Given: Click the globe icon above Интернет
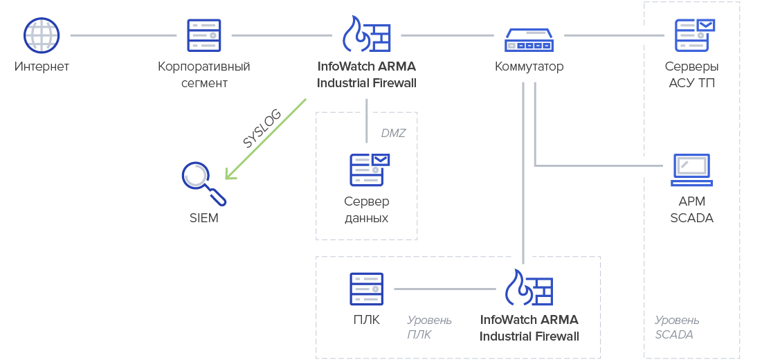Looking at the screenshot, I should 42,35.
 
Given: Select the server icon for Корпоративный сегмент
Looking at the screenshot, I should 204,35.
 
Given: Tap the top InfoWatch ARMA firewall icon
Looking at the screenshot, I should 367,35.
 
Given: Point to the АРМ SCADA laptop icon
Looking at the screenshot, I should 692,170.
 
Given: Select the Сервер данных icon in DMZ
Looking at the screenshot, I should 369,170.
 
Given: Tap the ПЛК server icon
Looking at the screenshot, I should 366,289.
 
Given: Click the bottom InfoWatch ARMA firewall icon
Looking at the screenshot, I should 529,288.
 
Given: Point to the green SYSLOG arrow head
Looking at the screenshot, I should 228,176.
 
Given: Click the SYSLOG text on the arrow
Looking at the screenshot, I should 262,129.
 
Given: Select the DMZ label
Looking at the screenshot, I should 393,133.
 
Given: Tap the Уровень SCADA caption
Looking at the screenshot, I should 676,327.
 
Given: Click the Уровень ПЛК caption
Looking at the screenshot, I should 429,327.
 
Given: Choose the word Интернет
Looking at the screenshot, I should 42,67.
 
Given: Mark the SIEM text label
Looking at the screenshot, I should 203,218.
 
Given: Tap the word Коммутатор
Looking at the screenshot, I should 529,67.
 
